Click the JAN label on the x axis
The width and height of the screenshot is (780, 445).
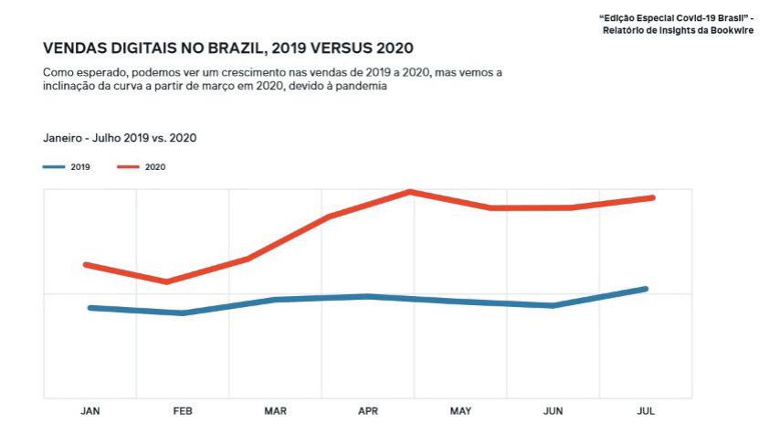(90, 411)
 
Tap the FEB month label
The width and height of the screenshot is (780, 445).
(183, 411)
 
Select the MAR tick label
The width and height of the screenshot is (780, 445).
(275, 411)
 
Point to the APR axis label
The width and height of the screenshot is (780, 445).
(368, 411)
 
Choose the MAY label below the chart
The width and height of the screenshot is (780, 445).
(460, 411)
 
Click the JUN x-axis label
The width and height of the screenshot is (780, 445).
(553, 411)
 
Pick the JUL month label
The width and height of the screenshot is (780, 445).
(646, 411)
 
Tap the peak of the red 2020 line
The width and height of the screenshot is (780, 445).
(411, 191)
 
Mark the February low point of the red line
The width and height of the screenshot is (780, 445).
(166, 281)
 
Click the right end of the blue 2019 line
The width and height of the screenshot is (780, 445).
(646, 289)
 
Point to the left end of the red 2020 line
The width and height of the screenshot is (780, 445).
(85, 265)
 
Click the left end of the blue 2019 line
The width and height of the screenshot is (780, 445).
(90, 308)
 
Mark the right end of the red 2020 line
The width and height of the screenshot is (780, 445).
(654, 197)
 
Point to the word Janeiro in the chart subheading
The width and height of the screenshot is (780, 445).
(63, 138)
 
